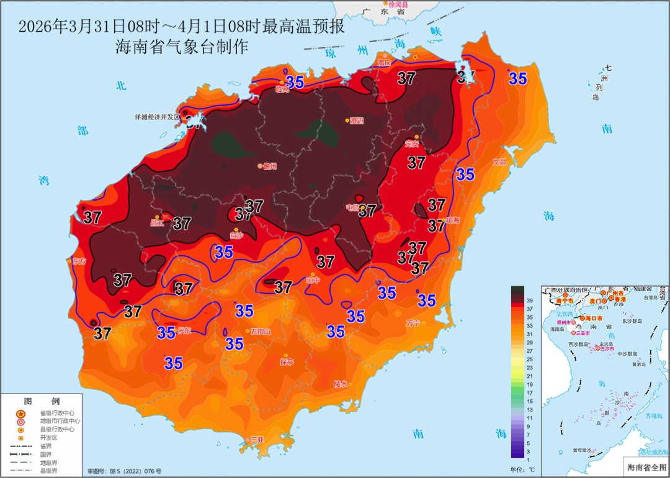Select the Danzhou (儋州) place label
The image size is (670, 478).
269,166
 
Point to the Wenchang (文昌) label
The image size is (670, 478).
499,162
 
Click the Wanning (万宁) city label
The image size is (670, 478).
413,323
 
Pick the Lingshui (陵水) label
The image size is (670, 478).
341,384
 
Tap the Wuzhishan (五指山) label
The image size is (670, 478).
261,331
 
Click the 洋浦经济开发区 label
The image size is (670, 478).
157,117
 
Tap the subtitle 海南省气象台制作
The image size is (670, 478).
182,47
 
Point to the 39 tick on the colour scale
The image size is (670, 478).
530,300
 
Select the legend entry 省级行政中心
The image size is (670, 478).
57,413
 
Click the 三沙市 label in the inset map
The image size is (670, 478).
606,349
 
